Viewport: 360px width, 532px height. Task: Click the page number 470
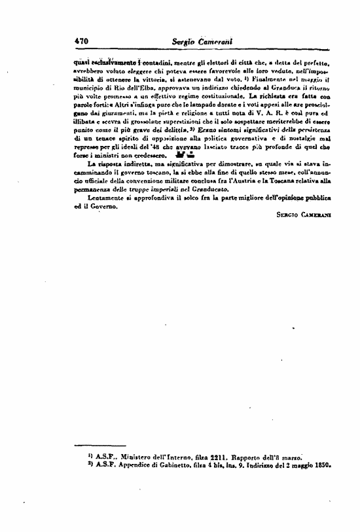pyautogui.click(x=82, y=40)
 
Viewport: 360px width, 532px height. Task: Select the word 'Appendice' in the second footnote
pyautogui.click(x=124, y=467)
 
